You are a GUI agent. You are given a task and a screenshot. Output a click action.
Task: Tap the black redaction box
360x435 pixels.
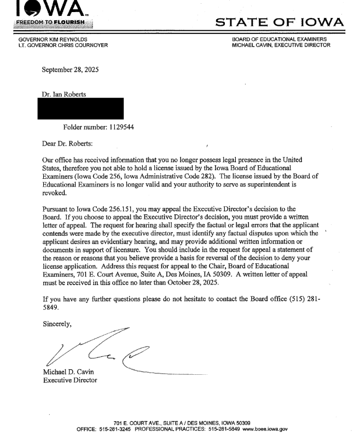coord(82,109)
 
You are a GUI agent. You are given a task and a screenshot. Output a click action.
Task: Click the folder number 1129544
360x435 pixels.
coord(118,127)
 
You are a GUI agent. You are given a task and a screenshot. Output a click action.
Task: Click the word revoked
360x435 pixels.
coord(54,193)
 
